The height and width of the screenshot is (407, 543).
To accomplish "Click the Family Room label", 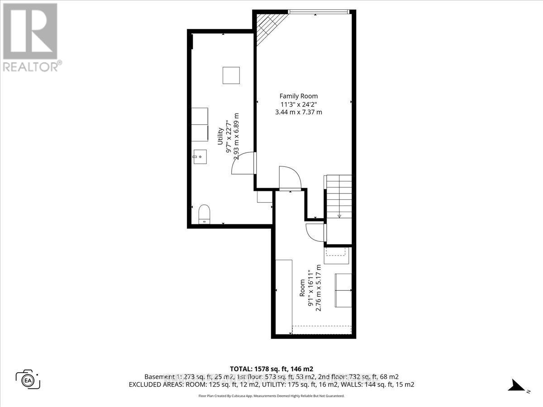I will (x=298, y=96).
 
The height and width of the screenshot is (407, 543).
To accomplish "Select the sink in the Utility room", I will (x=199, y=158).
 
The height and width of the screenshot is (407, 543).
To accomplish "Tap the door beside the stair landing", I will (x=315, y=231).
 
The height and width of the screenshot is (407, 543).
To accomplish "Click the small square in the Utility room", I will (x=231, y=75).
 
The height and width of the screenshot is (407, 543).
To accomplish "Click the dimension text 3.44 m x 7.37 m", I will (x=298, y=112).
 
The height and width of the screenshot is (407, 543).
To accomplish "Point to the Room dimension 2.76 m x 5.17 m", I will (x=318, y=288).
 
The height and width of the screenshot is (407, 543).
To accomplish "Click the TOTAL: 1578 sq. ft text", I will (x=271, y=368).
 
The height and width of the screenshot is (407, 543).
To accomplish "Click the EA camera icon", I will (x=28, y=379).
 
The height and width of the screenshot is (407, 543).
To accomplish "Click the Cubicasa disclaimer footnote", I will (x=271, y=396).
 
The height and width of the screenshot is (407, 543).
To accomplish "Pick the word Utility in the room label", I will (x=221, y=135).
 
